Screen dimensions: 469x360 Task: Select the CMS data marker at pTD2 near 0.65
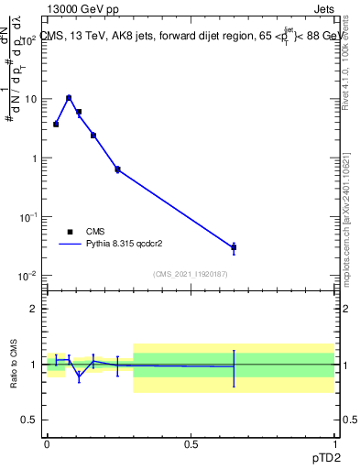click(x=234, y=247)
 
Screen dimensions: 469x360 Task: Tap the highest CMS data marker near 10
click(x=69, y=98)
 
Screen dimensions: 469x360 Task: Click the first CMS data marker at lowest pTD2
click(x=56, y=124)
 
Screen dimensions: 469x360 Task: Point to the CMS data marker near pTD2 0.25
click(x=117, y=169)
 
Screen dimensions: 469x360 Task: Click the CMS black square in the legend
click(x=70, y=232)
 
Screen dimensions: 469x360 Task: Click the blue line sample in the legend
click(x=70, y=244)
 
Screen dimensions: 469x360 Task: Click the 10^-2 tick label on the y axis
click(x=27, y=276)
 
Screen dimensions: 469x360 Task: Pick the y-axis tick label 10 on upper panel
click(x=29, y=99)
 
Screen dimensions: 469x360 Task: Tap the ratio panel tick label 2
click(x=33, y=309)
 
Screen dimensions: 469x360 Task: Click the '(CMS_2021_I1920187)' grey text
click(x=190, y=274)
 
